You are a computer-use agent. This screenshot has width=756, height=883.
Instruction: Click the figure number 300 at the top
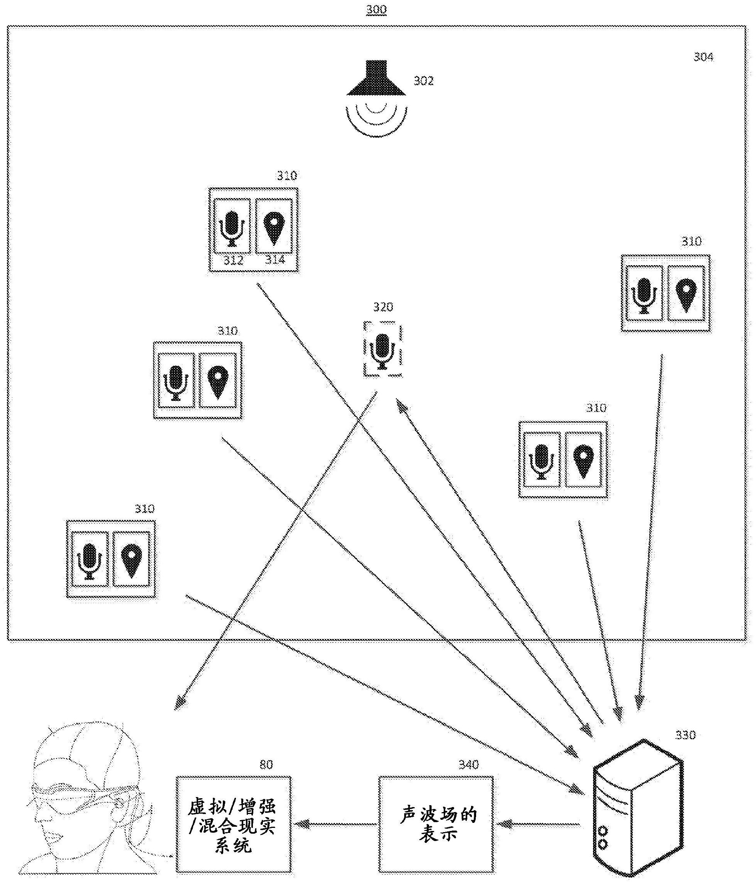tap(376, 10)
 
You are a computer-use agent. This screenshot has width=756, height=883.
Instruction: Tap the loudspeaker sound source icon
tap(376, 98)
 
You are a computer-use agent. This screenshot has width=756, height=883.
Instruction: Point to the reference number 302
tap(423, 81)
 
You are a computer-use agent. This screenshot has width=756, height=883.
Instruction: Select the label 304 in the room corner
tap(703, 57)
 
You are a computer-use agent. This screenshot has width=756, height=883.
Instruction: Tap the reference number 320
tap(383, 307)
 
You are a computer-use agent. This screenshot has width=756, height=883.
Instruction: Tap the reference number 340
tap(468, 765)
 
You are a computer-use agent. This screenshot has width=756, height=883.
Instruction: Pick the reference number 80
tap(266, 765)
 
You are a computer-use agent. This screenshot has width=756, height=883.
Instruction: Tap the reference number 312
tap(233, 260)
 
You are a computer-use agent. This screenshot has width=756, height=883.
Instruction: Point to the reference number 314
tap(275, 259)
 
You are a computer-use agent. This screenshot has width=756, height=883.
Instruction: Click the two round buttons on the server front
tap(603, 838)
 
